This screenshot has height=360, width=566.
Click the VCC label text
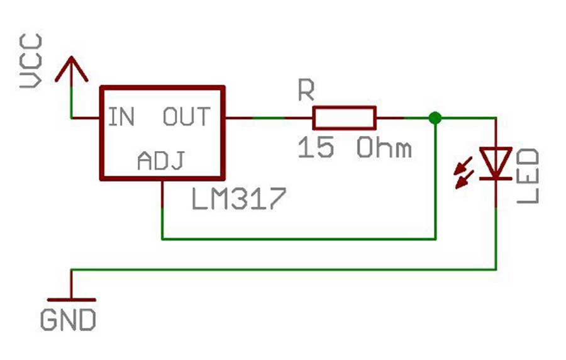(x=31, y=60)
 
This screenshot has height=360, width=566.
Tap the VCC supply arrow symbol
(x=72, y=70)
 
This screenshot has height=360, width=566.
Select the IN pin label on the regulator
(x=121, y=116)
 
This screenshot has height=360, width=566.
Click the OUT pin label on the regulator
(x=187, y=116)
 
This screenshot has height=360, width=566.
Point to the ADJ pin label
(x=162, y=160)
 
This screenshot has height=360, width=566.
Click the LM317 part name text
(x=239, y=199)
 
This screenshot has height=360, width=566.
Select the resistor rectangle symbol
(x=345, y=118)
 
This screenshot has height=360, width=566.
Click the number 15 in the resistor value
(x=316, y=147)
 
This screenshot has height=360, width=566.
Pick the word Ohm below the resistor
(x=384, y=148)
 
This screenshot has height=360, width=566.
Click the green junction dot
(x=435, y=118)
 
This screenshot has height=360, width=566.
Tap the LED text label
(x=528, y=176)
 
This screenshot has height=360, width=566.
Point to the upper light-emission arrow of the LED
(x=463, y=166)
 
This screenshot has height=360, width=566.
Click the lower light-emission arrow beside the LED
(x=464, y=180)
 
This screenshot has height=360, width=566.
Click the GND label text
(x=68, y=320)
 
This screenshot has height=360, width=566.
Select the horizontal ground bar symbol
(x=72, y=300)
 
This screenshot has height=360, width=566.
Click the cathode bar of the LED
(x=496, y=178)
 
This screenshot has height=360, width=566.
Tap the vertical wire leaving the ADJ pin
(x=162, y=209)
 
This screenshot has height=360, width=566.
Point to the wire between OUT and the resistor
(x=269, y=118)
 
